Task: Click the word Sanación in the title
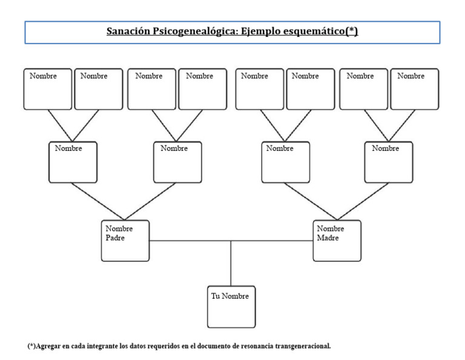(x=128, y=32)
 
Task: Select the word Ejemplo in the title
(x=259, y=32)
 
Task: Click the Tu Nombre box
(x=231, y=307)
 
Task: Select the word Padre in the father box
(x=116, y=238)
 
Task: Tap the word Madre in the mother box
(x=328, y=238)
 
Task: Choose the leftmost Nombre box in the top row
(x=48, y=89)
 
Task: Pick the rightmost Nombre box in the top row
(x=415, y=89)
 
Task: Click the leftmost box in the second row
(x=73, y=162)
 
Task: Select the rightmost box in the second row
(x=389, y=162)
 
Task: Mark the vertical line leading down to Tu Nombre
(x=231, y=264)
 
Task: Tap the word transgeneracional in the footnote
(x=300, y=347)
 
